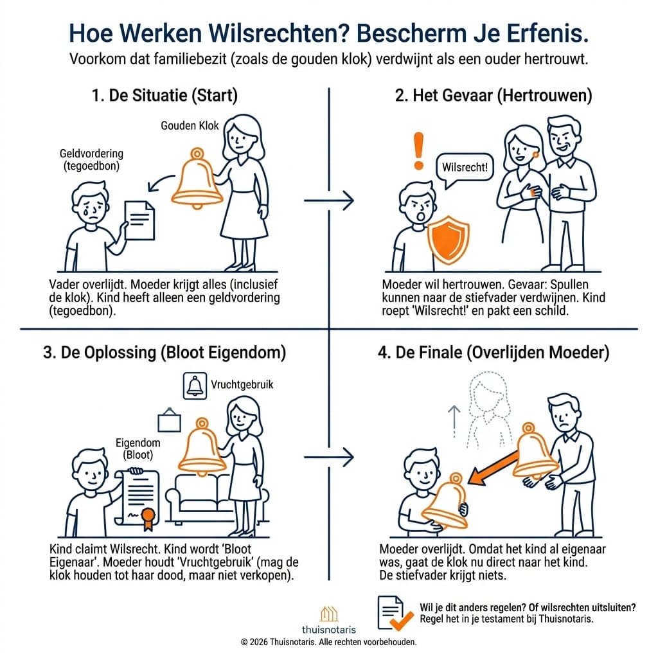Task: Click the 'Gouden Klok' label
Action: click(190, 126)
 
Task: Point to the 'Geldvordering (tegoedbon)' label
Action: click(91, 160)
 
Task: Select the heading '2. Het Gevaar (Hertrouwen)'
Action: click(493, 96)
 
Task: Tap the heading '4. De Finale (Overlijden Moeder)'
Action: click(493, 353)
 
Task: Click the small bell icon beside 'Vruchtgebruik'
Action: click(194, 386)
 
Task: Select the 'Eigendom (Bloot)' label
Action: click(138, 449)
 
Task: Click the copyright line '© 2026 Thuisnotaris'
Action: click(328, 641)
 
